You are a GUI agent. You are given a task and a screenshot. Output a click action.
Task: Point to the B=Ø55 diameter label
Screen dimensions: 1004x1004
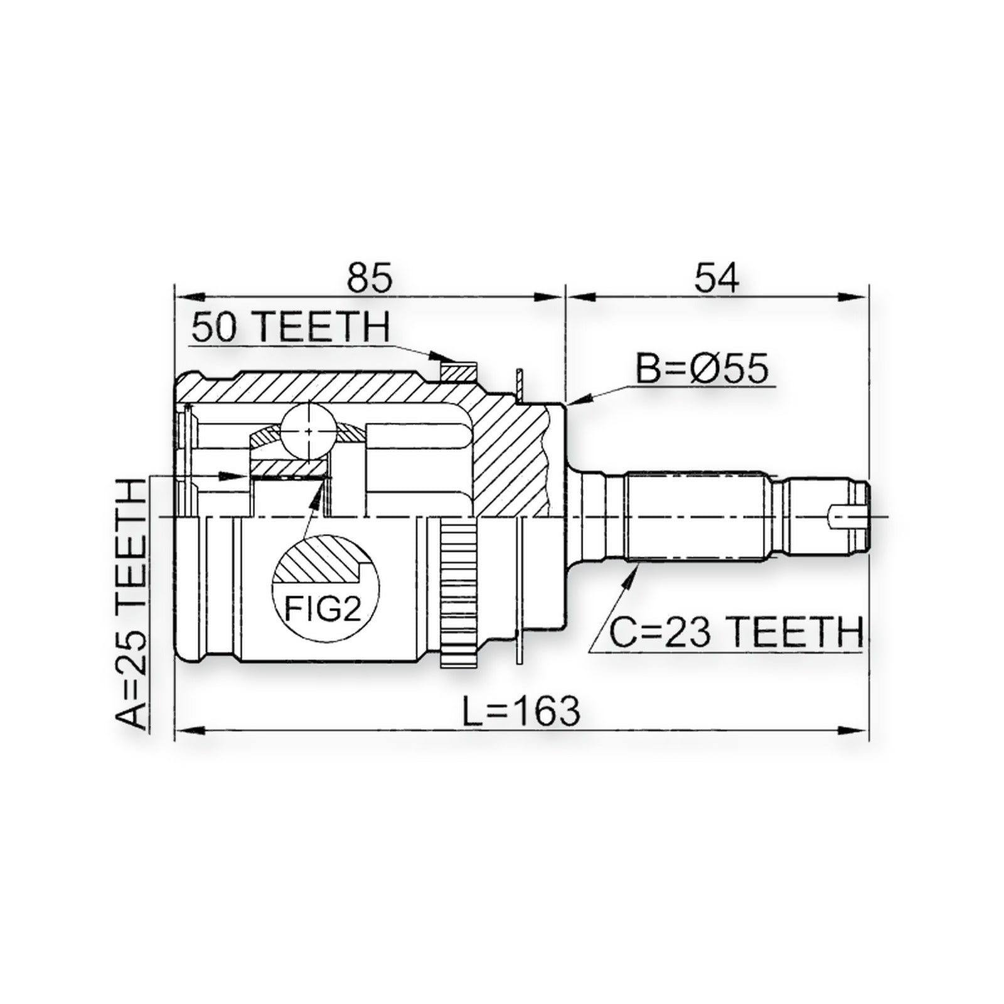tap(702, 370)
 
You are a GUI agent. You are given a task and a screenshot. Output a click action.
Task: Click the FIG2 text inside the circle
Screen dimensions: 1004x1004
tap(323, 607)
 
